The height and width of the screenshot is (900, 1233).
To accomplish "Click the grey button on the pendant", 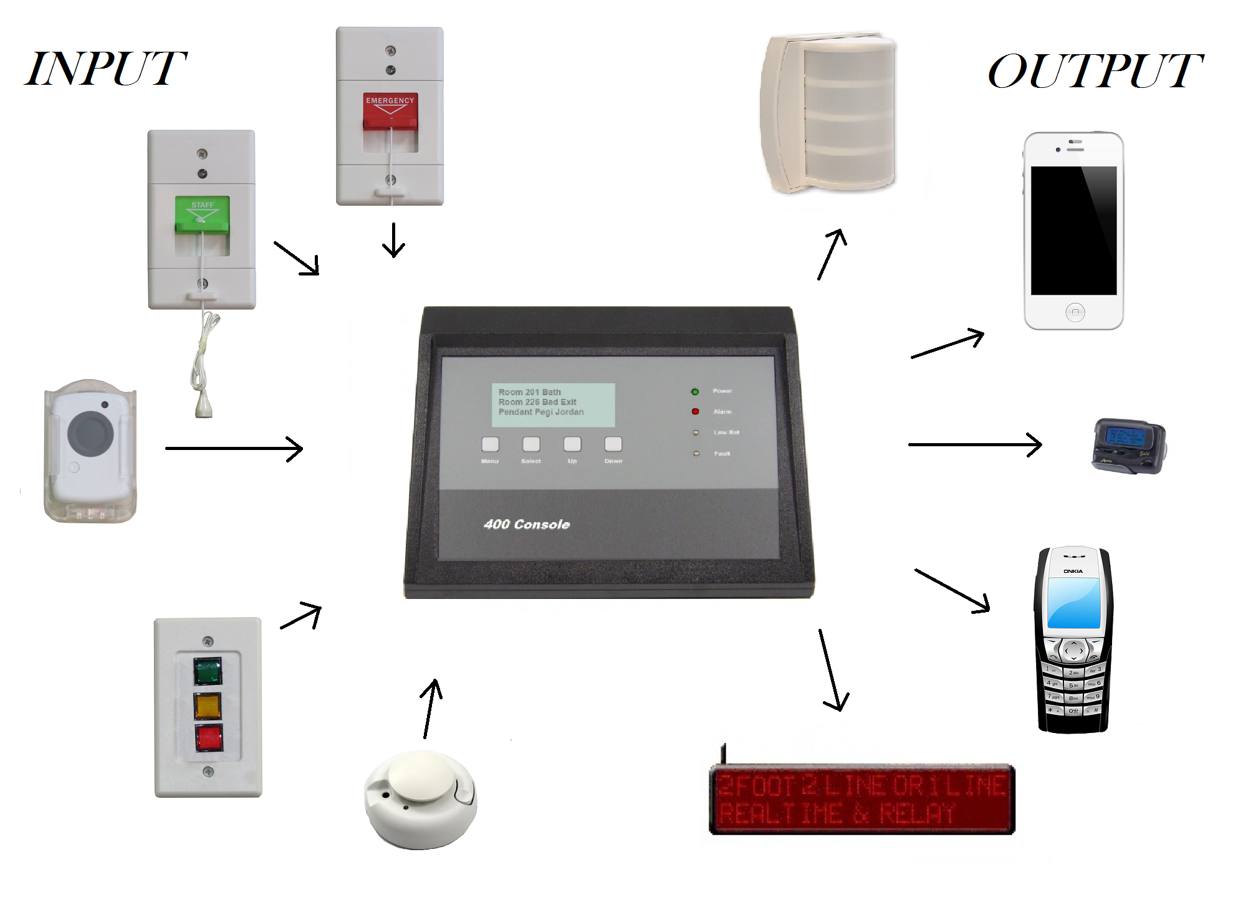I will tap(90, 433).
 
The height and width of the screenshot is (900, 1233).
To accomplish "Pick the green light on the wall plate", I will tap(208, 671).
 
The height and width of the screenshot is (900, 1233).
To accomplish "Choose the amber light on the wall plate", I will tap(208, 706).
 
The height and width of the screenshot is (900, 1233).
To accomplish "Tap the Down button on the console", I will tap(613, 444).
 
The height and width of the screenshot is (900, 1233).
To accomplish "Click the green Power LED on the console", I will tap(695, 391).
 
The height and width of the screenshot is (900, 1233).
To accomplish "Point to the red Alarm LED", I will tap(695, 411).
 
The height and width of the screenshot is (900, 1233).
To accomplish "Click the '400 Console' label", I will tap(527, 525).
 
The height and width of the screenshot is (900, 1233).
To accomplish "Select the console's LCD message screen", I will tap(553, 405).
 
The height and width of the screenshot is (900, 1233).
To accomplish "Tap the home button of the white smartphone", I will tap(1075, 312).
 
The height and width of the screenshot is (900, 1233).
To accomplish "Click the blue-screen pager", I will tap(1129, 446).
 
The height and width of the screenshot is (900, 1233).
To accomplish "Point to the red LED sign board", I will tap(863, 799).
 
